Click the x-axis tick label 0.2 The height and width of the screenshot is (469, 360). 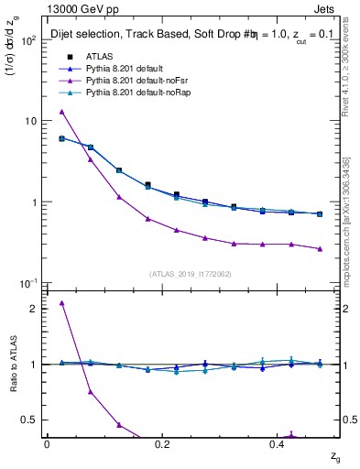[x=162, y=443]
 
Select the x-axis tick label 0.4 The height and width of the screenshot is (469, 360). [x=278, y=443]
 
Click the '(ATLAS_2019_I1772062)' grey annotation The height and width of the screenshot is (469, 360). [x=191, y=274]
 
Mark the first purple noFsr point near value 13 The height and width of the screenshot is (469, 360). [x=61, y=112]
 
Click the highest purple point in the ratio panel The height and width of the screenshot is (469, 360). [x=61, y=302]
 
